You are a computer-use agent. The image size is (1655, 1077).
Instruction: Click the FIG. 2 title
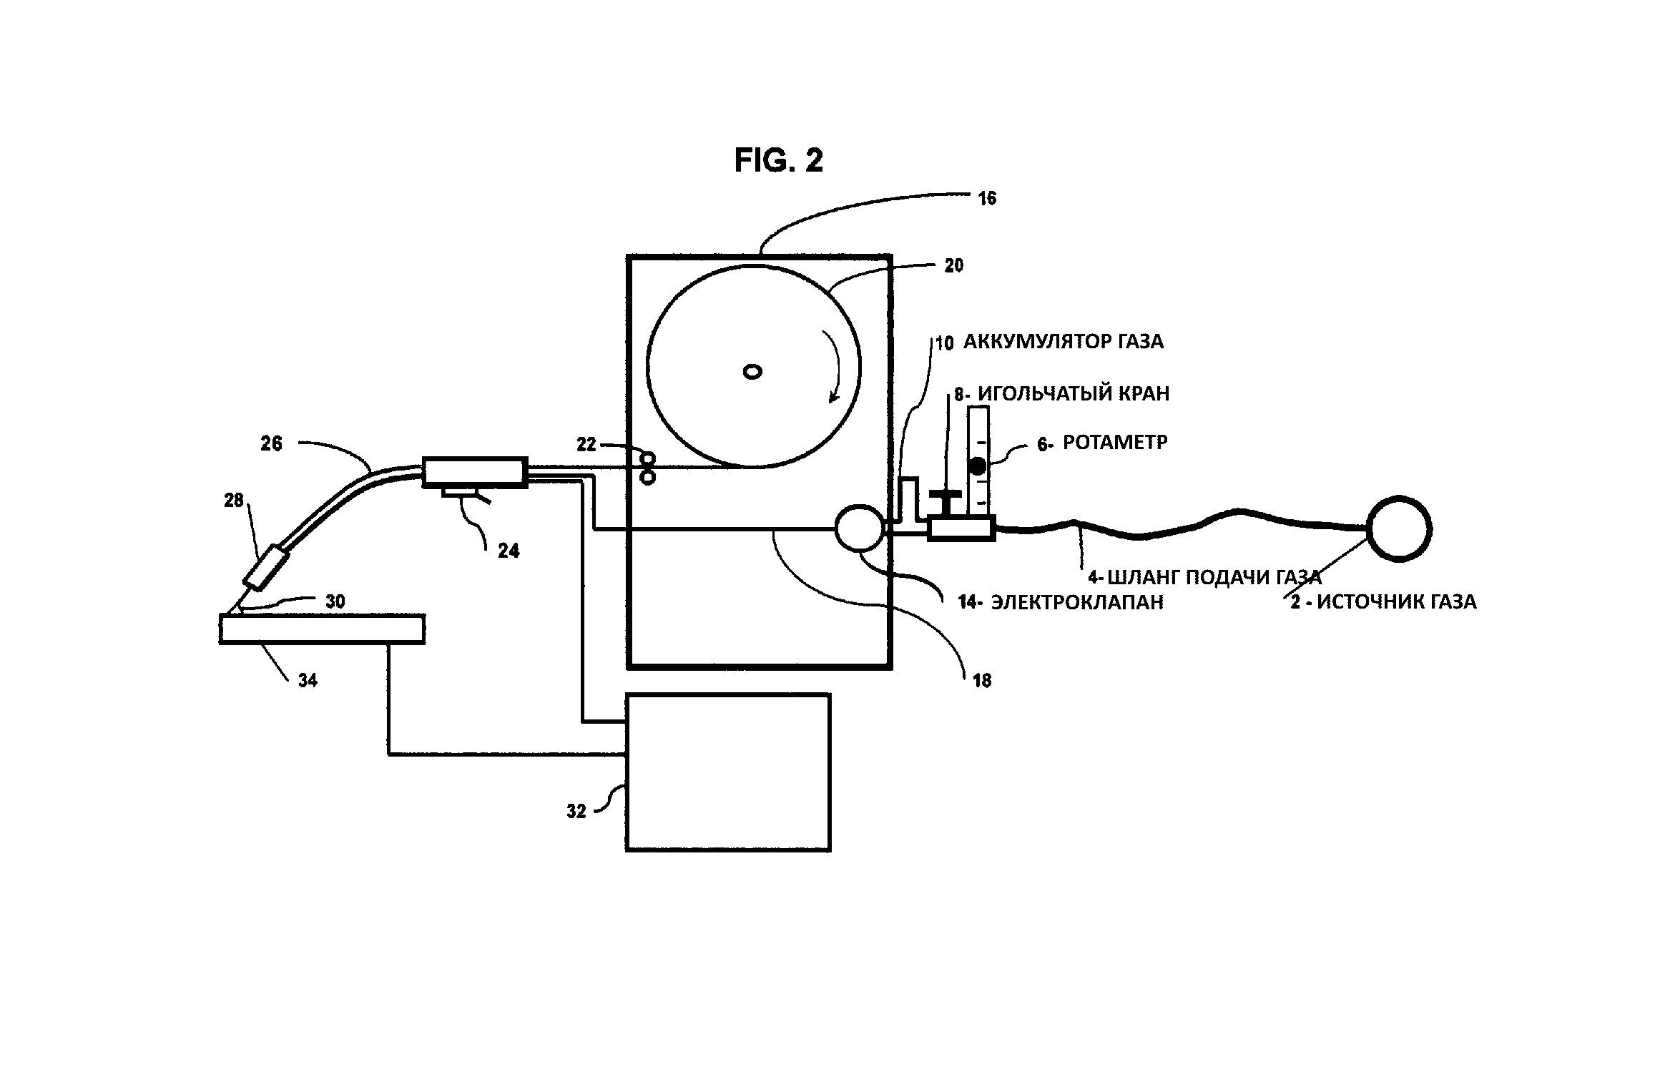(x=778, y=161)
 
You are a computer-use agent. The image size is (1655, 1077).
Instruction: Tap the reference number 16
(x=987, y=199)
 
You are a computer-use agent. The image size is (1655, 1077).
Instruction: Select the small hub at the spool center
(x=752, y=372)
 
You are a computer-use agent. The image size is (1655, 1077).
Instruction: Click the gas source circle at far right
(x=1398, y=529)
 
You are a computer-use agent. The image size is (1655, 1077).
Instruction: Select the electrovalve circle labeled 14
(x=860, y=528)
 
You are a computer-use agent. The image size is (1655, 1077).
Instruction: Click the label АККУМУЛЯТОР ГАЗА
(x=1063, y=342)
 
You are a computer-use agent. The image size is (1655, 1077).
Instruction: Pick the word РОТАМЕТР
(x=1115, y=443)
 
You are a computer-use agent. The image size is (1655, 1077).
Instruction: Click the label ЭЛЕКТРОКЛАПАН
(x=1077, y=602)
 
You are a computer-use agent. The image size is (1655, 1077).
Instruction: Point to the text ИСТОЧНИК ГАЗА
(x=1397, y=602)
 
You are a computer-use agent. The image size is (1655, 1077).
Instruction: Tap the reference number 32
(x=576, y=812)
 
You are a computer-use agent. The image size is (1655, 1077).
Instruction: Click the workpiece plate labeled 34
(x=322, y=629)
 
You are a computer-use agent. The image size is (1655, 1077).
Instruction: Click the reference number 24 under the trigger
(x=509, y=551)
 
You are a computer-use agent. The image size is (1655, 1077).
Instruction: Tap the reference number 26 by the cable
(x=272, y=444)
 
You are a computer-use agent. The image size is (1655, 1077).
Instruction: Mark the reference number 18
(x=982, y=681)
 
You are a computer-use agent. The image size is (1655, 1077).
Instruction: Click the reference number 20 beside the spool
(x=954, y=266)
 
